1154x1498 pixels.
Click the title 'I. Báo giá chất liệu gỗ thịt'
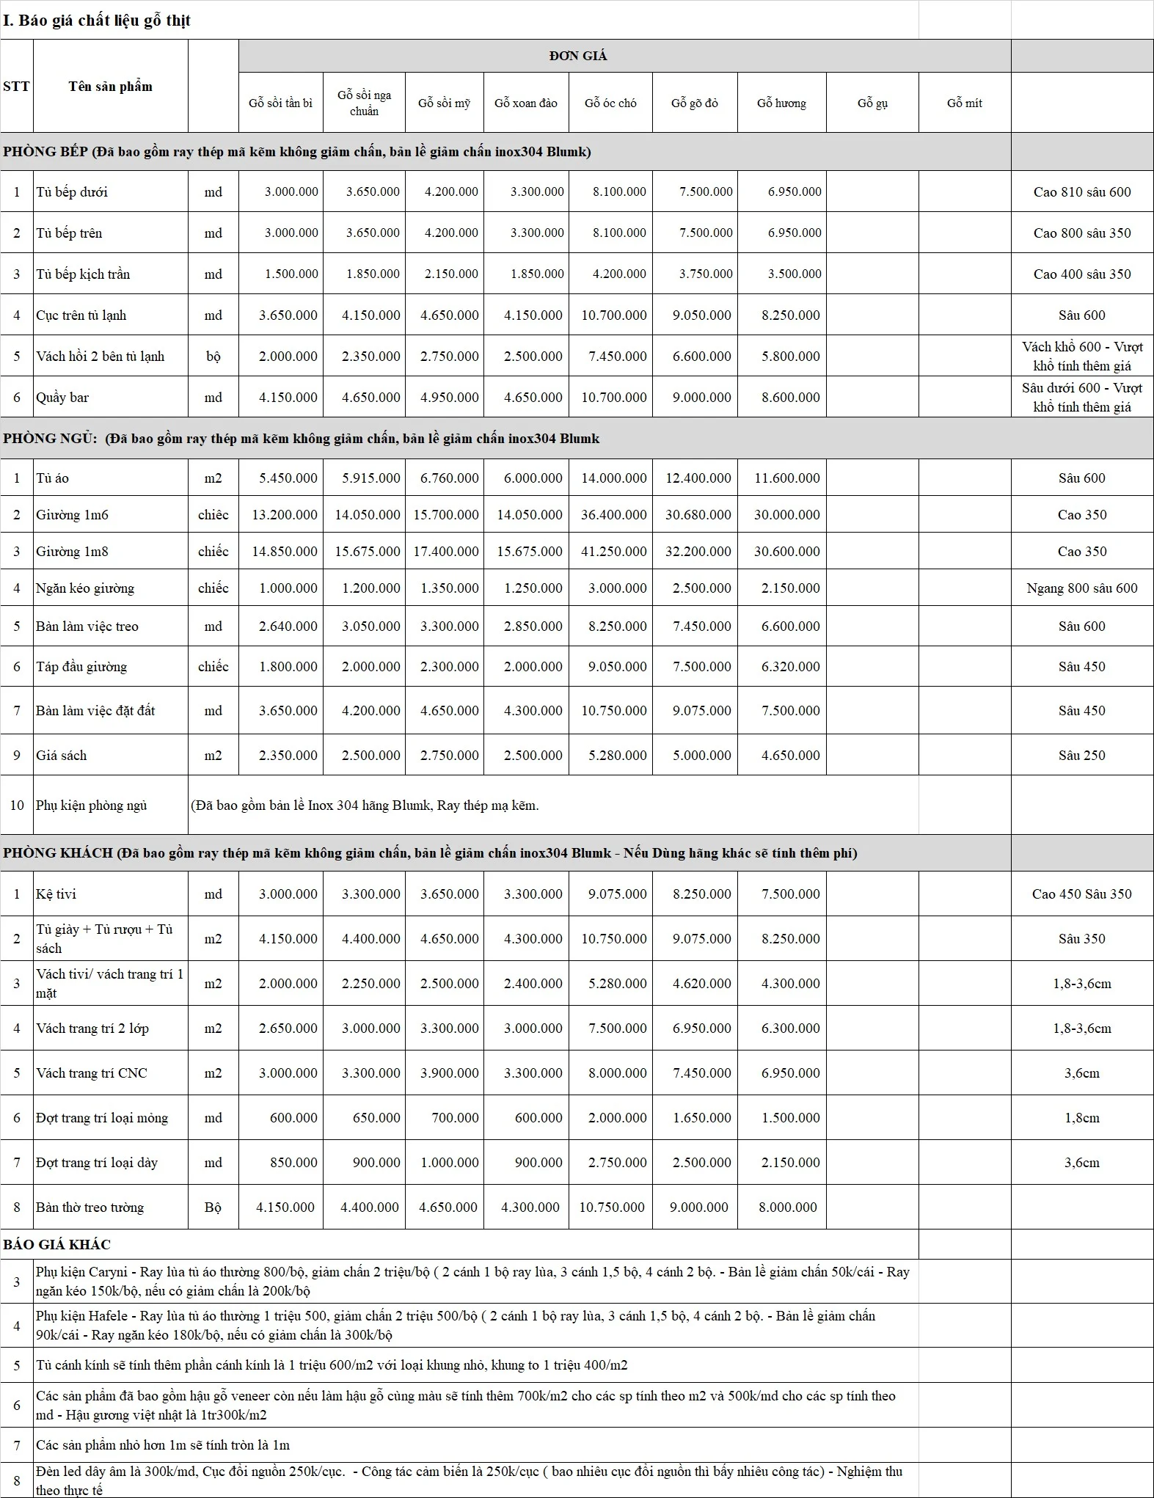(97, 21)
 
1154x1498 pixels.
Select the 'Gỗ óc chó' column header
(610, 103)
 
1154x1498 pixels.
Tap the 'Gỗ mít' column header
(964, 103)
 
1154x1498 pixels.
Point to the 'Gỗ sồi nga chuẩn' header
(364, 103)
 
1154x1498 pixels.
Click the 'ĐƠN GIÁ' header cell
(578, 56)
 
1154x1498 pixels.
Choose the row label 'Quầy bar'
(62, 398)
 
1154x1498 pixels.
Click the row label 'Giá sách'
(62, 755)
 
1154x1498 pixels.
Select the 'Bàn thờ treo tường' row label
(90, 1207)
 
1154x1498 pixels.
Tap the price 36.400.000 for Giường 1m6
(613, 515)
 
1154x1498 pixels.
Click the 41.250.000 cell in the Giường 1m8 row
(613, 552)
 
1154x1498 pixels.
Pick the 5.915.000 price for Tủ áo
(371, 478)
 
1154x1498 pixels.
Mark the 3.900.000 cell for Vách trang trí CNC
(449, 1073)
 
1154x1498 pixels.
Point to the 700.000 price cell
(455, 1118)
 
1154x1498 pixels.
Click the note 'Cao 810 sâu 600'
(1082, 192)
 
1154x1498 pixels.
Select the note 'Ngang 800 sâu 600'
(1082, 588)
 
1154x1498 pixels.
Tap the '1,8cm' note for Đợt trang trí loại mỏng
(1082, 1118)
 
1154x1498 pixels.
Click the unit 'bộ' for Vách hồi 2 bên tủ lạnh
(213, 357)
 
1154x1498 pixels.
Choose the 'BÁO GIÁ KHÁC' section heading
(57, 1245)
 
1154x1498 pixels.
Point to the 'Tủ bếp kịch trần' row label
(83, 274)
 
